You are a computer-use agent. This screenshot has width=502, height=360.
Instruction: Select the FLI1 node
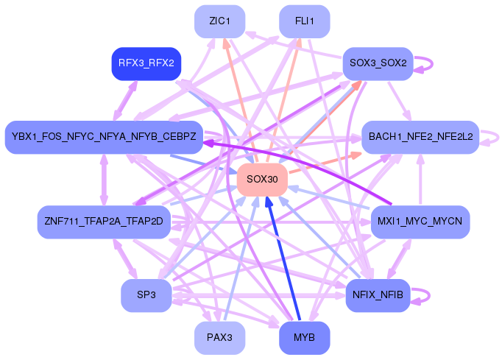tap(304, 21)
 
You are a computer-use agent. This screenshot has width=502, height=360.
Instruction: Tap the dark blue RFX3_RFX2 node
tap(146, 63)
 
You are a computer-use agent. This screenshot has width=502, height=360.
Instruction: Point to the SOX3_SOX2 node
tap(378, 63)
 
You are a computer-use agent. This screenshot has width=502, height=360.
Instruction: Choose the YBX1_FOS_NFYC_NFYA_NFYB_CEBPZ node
tap(104, 137)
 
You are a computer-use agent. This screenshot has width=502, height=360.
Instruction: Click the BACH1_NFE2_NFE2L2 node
tap(420, 137)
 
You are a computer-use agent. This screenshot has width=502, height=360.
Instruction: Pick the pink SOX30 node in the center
tap(261, 180)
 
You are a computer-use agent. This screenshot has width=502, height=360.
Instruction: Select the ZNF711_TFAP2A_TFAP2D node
tap(104, 222)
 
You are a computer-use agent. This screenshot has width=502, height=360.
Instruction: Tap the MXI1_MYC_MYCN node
tap(420, 222)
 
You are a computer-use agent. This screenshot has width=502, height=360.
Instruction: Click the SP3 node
tap(146, 295)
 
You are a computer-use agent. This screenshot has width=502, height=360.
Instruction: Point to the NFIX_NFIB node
tap(378, 295)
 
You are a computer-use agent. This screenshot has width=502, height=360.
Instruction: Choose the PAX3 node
tap(219, 338)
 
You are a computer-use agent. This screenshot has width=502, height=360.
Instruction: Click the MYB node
tap(304, 338)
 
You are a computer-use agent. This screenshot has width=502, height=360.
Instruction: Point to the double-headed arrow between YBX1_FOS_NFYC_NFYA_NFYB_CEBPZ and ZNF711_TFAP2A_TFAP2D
tap(104, 180)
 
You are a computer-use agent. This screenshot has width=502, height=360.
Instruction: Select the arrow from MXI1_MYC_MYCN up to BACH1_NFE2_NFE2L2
tap(420, 180)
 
